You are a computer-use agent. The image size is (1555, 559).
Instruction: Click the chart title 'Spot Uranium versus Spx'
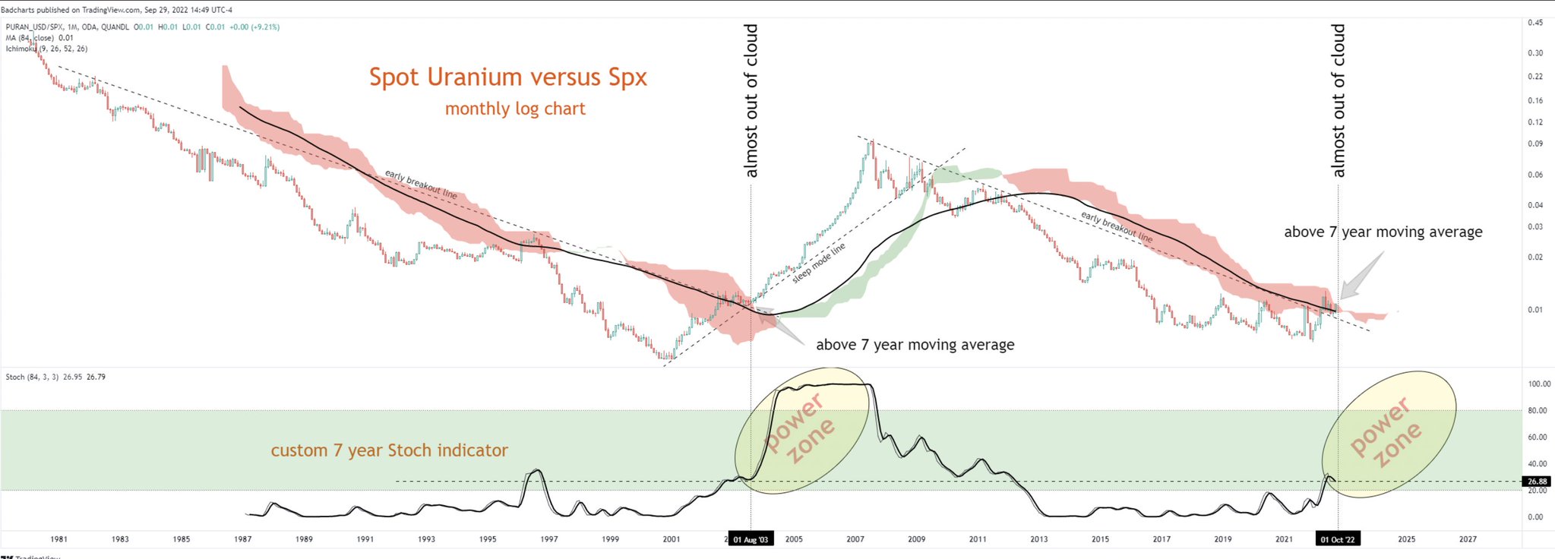point(507,77)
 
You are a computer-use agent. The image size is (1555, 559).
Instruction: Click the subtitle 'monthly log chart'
point(515,109)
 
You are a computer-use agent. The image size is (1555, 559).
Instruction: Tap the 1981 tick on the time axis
point(58,539)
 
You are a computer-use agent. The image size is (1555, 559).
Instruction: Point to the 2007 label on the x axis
point(855,539)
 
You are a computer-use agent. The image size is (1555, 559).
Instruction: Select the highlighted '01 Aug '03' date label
point(751,540)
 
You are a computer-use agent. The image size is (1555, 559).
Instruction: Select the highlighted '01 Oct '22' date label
point(1338,540)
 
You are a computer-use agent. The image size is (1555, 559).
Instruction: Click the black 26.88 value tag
point(1537,482)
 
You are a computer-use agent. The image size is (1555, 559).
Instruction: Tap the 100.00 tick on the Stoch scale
point(1539,384)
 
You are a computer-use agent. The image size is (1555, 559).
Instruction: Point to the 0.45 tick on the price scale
point(1535,23)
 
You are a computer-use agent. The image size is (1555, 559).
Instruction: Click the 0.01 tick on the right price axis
point(1535,310)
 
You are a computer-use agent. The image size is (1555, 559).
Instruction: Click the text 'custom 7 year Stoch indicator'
point(389,450)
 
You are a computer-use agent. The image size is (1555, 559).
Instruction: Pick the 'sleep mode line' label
point(818,264)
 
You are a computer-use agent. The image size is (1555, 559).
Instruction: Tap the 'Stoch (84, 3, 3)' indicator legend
point(32,377)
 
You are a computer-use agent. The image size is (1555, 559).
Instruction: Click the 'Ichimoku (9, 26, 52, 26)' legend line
point(46,49)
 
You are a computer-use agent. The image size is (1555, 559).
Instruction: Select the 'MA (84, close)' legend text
point(30,38)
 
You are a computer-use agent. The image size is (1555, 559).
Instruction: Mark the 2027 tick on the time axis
point(1468,539)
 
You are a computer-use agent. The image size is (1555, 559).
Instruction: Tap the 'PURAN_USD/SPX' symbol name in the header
point(30,27)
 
